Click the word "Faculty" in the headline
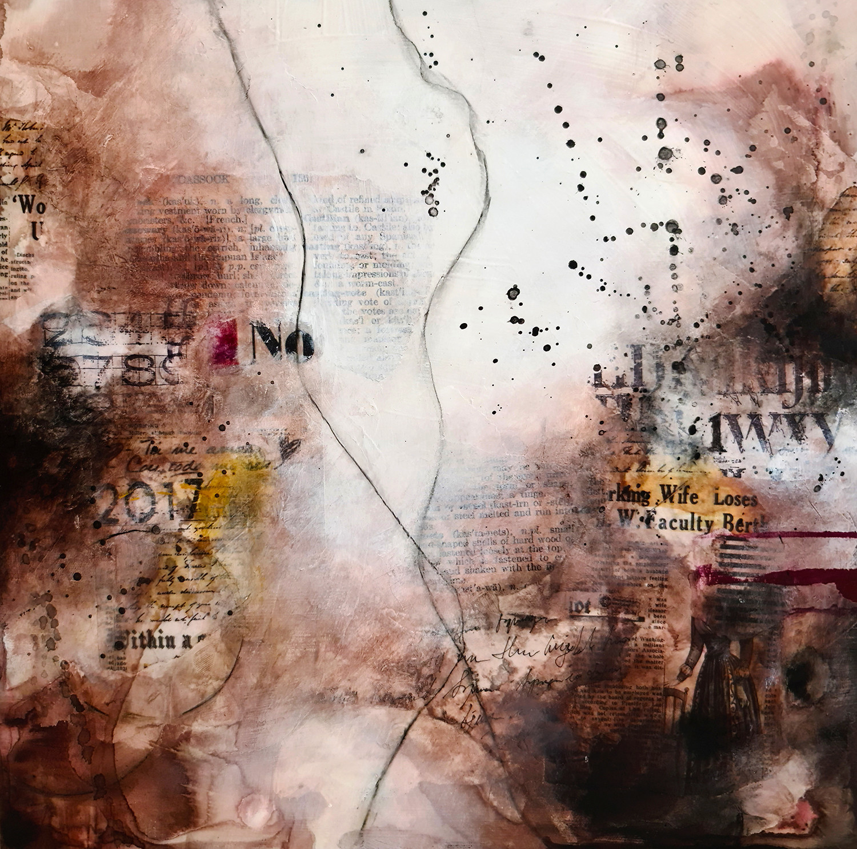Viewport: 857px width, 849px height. [675, 522]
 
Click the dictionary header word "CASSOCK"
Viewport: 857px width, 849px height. [201, 180]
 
